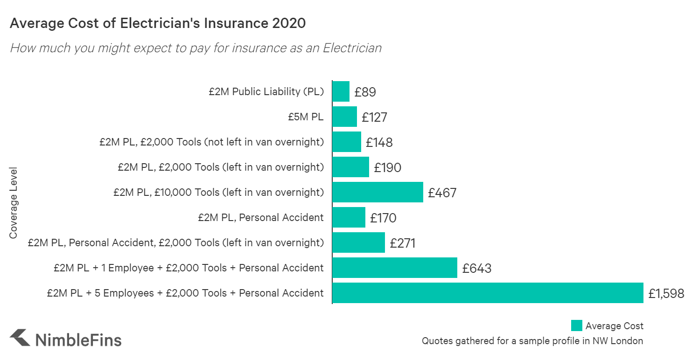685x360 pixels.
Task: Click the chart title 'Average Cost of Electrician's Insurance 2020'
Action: click(x=158, y=23)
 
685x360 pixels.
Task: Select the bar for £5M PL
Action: click(x=344, y=117)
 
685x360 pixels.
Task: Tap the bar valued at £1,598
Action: click(x=488, y=293)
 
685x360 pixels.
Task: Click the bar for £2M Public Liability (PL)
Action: click(x=341, y=91)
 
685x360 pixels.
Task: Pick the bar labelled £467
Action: click(x=377, y=192)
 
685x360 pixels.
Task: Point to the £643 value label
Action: click(x=476, y=268)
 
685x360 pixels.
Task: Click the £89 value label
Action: click(x=365, y=92)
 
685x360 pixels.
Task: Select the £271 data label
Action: click(x=402, y=243)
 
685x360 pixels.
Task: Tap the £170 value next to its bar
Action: click(x=383, y=218)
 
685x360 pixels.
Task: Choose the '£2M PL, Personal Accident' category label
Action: click(x=260, y=217)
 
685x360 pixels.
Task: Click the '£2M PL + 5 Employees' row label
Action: click(x=185, y=293)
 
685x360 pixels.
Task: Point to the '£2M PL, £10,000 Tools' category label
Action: click(x=218, y=192)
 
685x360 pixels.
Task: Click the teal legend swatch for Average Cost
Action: click(x=576, y=325)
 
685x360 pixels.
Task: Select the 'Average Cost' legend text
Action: click(x=614, y=325)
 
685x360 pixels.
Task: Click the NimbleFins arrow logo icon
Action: click(x=20, y=338)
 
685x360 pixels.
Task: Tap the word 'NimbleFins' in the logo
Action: click(x=78, y=339)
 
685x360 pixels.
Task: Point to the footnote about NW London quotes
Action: click(x=532, y=341)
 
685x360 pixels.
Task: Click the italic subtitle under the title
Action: click(x=196, y=48)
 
